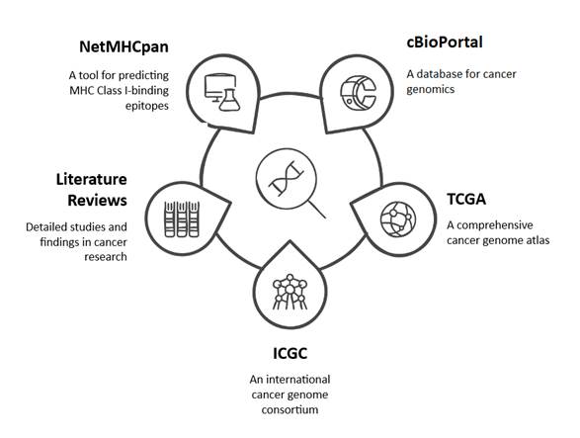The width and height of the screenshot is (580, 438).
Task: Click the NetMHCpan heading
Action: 124,47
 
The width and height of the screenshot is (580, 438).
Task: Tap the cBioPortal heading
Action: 445,42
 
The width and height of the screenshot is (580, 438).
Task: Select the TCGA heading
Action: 466,199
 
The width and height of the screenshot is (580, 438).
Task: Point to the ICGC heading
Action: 290,353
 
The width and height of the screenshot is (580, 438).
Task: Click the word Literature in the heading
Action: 91,179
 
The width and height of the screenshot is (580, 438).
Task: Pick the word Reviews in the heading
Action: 97,201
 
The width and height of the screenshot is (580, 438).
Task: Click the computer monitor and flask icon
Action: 222,92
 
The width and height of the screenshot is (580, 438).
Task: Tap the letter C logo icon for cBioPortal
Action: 358,93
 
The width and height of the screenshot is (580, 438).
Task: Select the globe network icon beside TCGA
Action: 398,219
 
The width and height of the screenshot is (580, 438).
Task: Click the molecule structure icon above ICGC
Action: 290,292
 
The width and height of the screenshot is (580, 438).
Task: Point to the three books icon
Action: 182,219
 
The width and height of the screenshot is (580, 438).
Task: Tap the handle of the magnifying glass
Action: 316,210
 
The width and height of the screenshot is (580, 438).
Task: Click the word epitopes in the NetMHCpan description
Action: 147,106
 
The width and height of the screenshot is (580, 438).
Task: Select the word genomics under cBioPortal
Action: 431,90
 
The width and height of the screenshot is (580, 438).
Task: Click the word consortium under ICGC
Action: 290,409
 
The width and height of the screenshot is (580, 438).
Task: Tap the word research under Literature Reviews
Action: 106,257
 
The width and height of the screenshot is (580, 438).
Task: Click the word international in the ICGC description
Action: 298,380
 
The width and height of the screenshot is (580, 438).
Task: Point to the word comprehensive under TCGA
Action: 495,225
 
